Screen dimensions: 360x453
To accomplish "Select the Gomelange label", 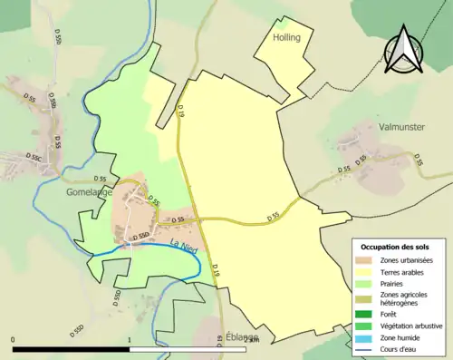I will click(89, 192).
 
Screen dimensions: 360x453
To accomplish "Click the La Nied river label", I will click(184, 243).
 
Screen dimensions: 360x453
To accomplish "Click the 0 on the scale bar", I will click(13, 340).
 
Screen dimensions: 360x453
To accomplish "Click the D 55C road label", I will click(34, 157).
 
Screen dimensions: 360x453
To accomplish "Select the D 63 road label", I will click(220, 341).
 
